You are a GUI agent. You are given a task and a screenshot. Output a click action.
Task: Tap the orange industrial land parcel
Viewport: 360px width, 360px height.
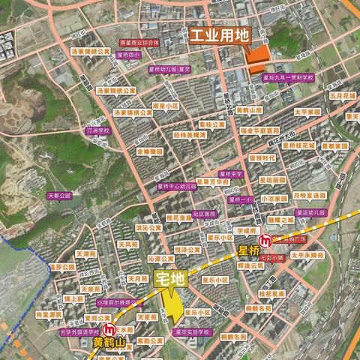coord(256,58)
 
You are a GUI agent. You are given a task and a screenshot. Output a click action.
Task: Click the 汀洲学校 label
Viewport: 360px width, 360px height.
coord(97,130)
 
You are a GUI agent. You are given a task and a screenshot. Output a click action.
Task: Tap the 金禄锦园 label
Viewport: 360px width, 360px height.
coord(148,151)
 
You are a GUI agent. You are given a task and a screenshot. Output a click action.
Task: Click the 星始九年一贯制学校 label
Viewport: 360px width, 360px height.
coord(288,77)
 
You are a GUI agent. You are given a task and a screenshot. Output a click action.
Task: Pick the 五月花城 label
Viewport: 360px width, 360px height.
coord(340,96)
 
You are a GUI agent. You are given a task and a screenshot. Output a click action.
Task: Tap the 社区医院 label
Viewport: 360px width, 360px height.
coord(204,214)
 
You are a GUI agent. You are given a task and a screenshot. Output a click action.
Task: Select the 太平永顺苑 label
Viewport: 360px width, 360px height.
coord(307,254)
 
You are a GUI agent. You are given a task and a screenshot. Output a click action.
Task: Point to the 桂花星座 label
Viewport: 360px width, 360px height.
coord(271,295)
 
